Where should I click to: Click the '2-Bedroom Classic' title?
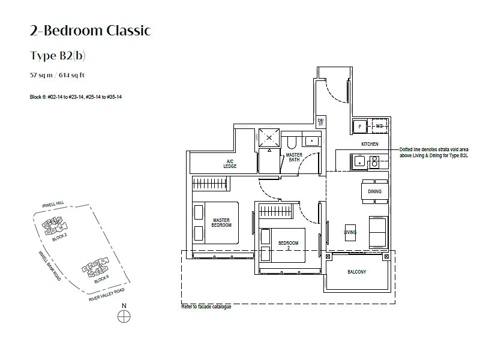coord(90,31)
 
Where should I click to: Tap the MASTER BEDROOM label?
coord(221,223)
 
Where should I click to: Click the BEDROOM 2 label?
coord(288,245)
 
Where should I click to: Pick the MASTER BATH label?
coord(293,157)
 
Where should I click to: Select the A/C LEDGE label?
coord(230,164)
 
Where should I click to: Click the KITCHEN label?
coord(370,145)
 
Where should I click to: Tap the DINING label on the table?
coord(375,191)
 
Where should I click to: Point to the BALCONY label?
coord(357,272)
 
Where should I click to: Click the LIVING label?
coord(350,232)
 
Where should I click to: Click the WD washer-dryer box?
coord(379,127)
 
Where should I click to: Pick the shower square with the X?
coord(269,139)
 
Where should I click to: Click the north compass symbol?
coord(124,317)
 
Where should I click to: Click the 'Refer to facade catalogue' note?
coord(206,307)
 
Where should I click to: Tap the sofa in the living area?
coord(378,232)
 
